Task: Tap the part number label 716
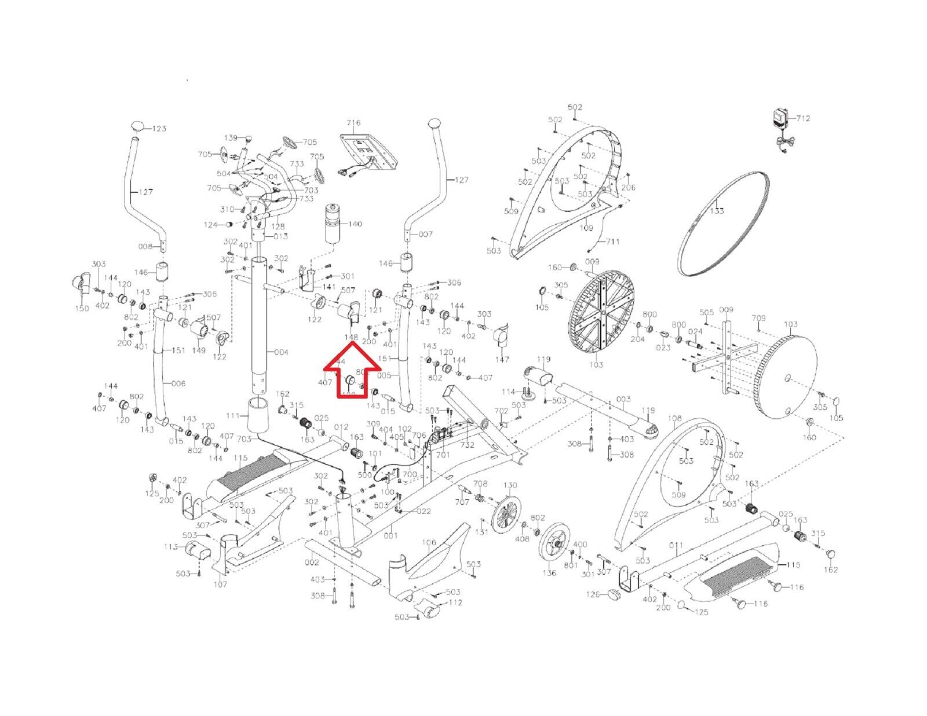click(353, 123)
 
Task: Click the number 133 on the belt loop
click(717, 211)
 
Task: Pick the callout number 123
click(159, 129)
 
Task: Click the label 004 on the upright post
click(282, 352)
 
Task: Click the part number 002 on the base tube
click(312, 562)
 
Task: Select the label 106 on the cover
click(429, 543)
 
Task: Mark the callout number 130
click(510, 485)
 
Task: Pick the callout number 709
click(758, 318)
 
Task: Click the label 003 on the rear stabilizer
click(623, 399)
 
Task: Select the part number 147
click(502, 360)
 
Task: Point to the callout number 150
click(82, 308)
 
